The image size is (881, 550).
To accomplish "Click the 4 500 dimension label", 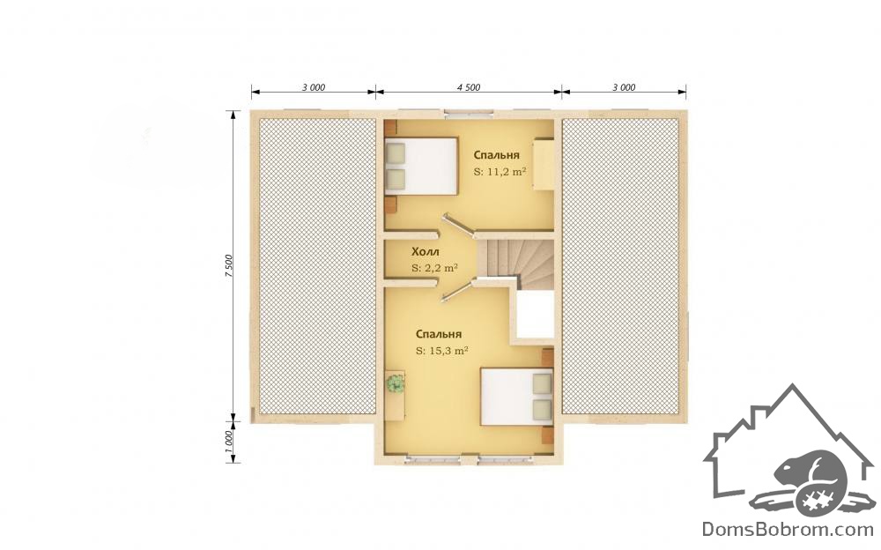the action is tap(469, 87).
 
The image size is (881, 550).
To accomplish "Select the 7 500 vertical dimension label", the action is tap(228, 265).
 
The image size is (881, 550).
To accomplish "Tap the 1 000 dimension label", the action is tap(228, 442).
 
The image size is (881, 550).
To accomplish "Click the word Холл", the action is tap(426, 251).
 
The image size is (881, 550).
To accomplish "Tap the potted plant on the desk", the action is tap(396, 383).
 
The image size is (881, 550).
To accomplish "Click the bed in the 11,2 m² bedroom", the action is tap(421, 166).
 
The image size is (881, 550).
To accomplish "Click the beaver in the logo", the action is tap(809, 472).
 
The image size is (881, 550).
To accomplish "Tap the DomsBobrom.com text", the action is tap(788, 529).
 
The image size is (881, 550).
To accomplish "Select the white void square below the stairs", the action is tap(535, 315).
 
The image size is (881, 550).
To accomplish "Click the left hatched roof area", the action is tap(317, 266).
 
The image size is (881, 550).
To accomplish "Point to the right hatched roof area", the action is tap(621, 266).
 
